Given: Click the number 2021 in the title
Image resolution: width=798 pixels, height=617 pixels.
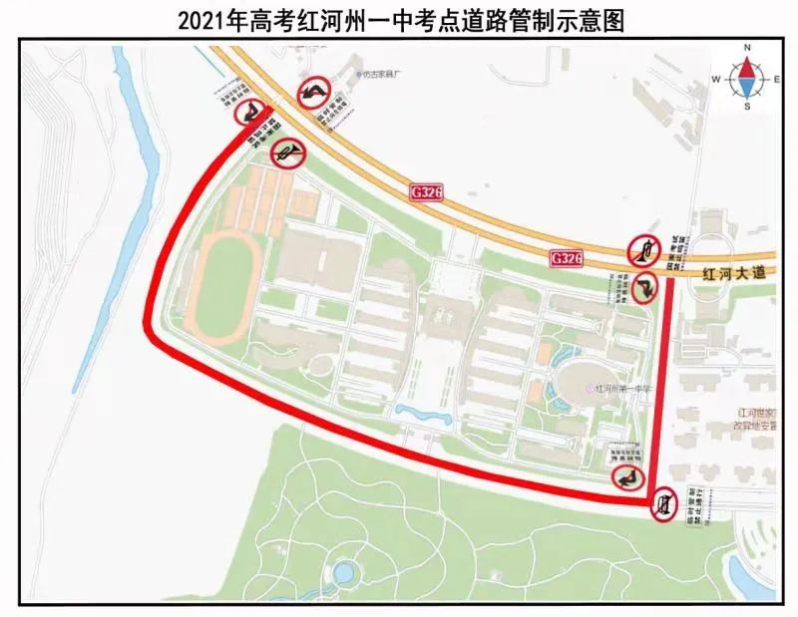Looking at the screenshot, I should coord(200,20).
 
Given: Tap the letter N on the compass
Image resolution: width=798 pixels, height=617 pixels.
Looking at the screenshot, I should coord(747,46).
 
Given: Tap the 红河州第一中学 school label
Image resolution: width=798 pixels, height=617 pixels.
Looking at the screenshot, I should coord(623,389).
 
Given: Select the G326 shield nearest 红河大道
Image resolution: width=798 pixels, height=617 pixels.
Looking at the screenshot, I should coord(566,258).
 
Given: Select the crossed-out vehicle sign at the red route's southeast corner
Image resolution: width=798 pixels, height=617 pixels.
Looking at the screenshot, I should coord(665,503).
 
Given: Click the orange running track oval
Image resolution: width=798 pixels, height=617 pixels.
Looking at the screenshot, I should coord(227,290).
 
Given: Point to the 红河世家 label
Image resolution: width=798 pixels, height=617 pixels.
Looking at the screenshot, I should coord(755,410).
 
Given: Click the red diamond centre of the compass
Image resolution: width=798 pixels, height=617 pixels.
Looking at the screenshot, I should coord(747,76).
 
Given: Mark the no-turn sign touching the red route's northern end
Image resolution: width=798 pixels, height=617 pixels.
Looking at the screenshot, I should coord(249,113).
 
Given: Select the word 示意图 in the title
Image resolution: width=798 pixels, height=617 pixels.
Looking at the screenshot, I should coord(593,20).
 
